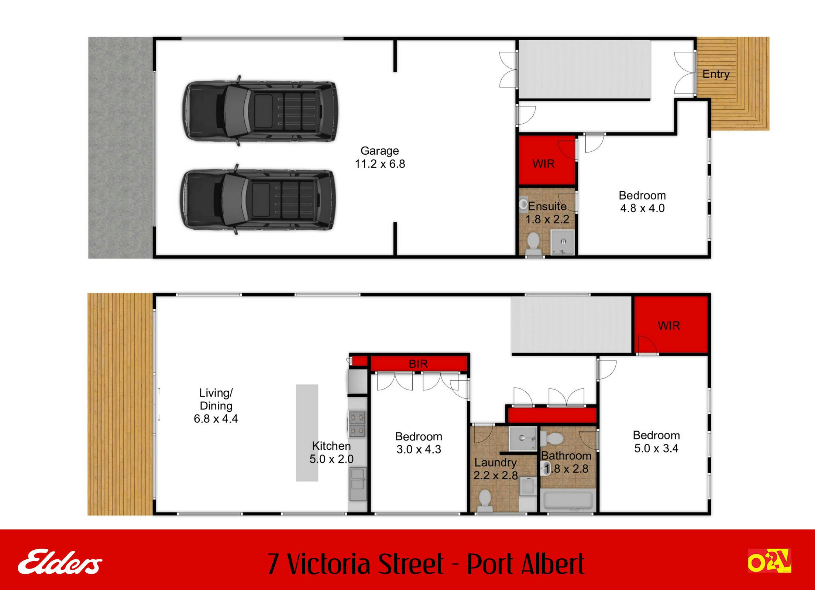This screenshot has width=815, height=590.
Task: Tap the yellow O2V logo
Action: click(770, 560)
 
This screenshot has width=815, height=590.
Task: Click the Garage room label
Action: click(379, 151)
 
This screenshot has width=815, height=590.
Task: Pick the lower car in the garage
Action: click(258, 199)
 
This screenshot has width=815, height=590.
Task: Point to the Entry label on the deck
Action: click(716, 74)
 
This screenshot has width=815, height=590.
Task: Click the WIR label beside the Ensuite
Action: click(543, 164)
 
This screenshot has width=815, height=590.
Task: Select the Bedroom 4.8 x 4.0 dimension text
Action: click(642, 208)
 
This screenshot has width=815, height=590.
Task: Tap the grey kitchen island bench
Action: click(307, 433)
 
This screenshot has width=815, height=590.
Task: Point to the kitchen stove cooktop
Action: click(357, 424)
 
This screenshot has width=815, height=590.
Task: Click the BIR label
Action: click(418, 364)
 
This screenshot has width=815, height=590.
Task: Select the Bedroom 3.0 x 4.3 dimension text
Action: click(419, 449)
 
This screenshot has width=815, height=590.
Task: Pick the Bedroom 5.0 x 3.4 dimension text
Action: click(656, 448)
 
